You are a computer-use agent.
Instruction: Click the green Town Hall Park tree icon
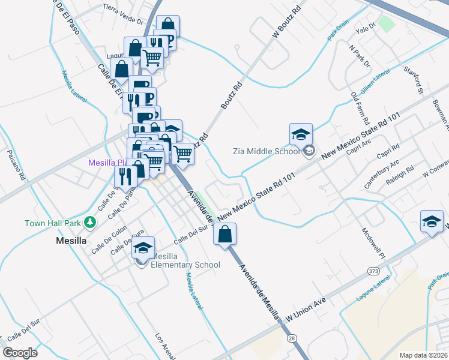point(90,223)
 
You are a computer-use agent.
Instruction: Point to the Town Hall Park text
point(53,223)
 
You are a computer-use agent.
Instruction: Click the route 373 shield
point(373,272)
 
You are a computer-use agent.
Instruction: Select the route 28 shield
point(292,339)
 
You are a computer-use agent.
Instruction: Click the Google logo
point(20,353)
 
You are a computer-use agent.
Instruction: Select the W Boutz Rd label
point(286,23)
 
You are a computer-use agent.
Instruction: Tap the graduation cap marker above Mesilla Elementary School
point(143,247)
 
